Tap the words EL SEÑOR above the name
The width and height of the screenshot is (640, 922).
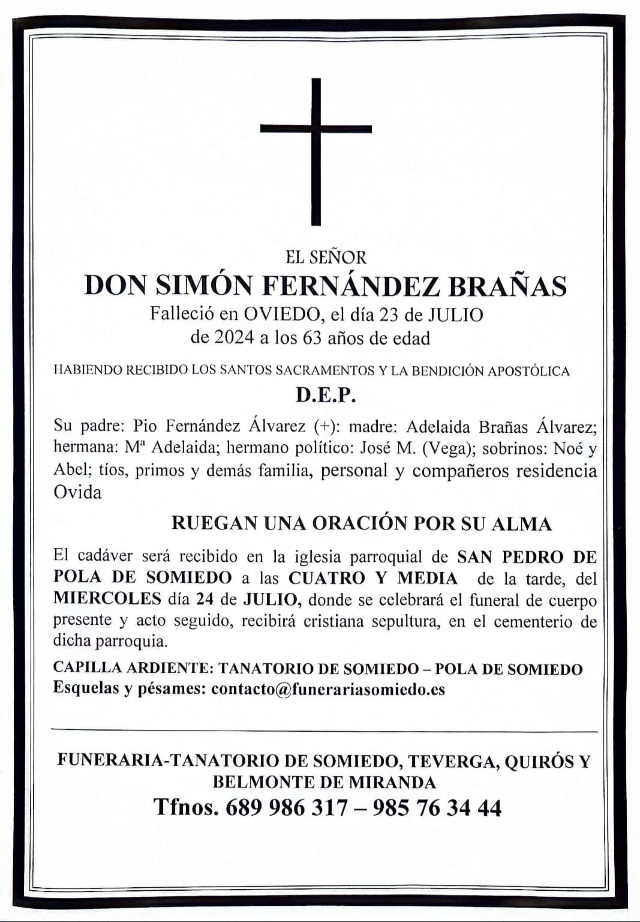[326, 258]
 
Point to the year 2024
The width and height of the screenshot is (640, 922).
[233, 338]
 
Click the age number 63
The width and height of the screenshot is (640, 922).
[312, 338]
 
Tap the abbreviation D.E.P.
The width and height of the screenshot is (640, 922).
[326, 395]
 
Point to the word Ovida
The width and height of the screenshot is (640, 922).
[77, 493]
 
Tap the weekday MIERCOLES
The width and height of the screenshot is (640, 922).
[107, 598]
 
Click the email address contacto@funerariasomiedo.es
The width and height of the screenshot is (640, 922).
[328, 689]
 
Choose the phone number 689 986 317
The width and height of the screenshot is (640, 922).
[286, 808]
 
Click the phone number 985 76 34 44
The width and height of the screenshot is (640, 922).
[437, 808]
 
